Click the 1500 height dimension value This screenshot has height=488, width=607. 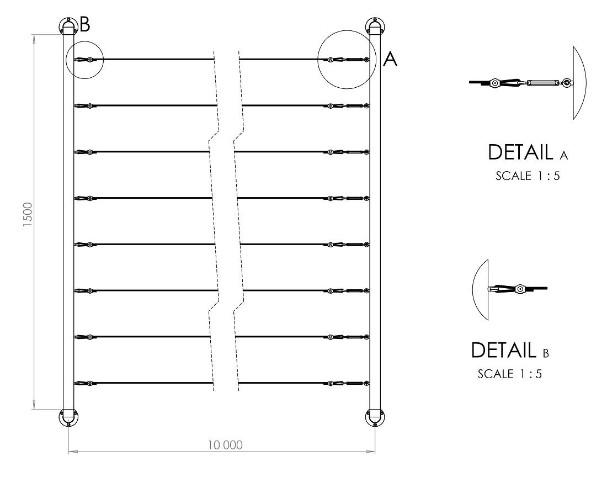click(x=28, y=214)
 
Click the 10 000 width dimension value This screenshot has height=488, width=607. click(x=225, y=445)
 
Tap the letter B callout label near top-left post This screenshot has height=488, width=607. click(x=85, y=24)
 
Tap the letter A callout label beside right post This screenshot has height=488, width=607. click(x=390, y=59)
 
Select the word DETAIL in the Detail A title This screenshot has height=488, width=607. click(x=520, y=152)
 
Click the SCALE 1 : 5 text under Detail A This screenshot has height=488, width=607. click(x=528, y=176)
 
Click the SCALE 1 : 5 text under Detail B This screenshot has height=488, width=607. click(x=509, y=374)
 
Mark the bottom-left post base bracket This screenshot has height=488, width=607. click(x=68, y=417)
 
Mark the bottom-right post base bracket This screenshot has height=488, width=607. click(x=375, y=417)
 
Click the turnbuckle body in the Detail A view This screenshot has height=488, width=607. click(x=542, y=82)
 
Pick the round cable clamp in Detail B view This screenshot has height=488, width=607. click(x=520, y=289)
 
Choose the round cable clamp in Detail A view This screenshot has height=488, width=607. click(x=494, y=82)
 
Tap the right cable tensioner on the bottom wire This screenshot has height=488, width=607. click(x=348, y=384)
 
